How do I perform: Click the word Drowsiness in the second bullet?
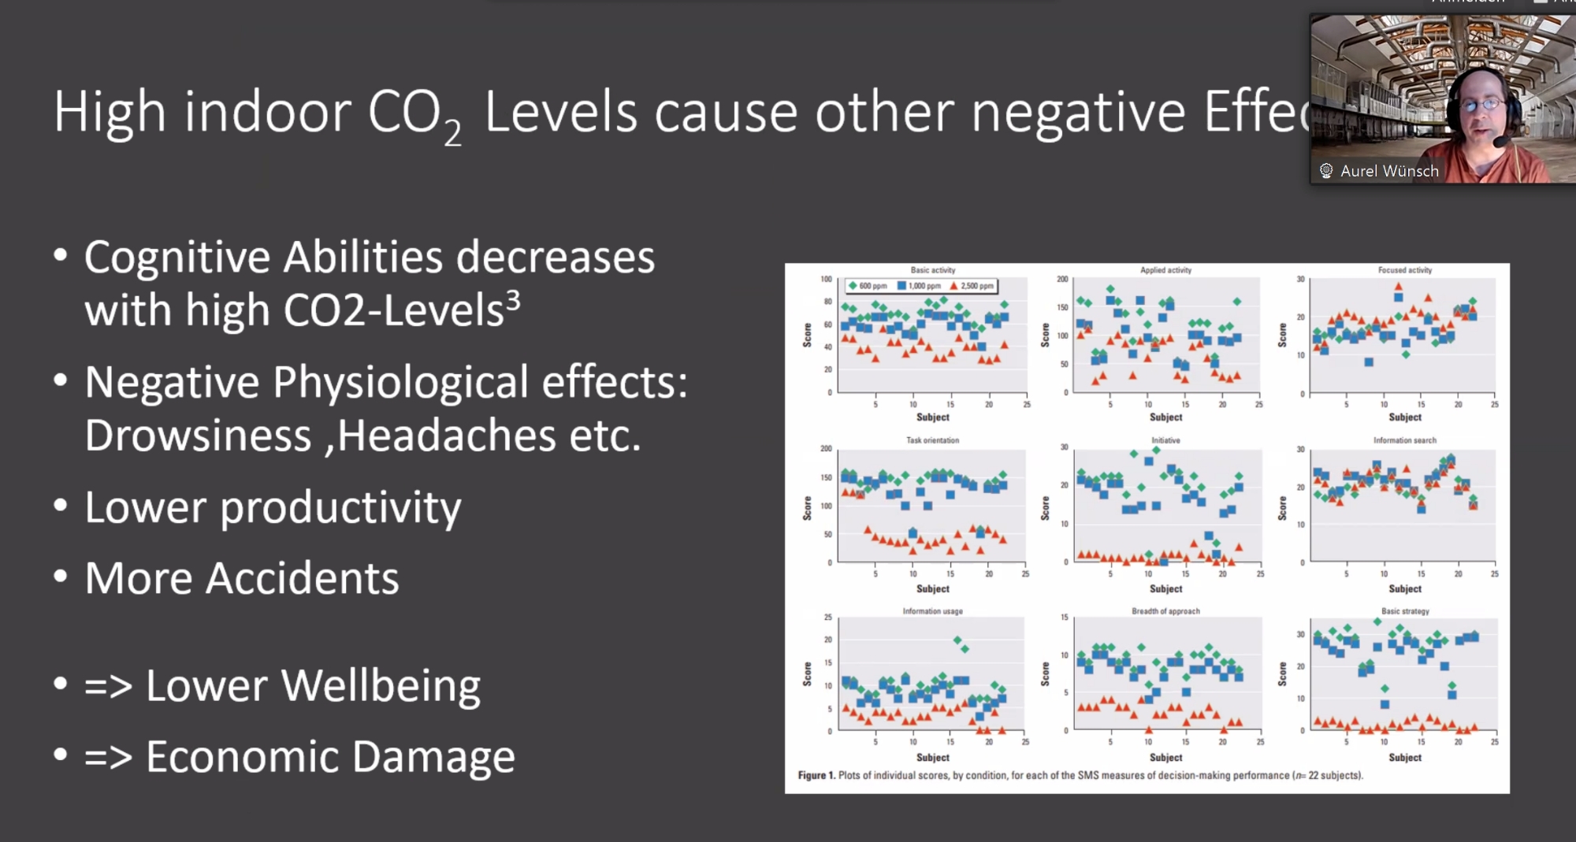(x=198, y=436)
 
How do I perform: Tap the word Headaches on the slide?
(x=446, y=436)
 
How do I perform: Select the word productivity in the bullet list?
(x=340, y=508)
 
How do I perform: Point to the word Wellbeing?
(x=381, y=685)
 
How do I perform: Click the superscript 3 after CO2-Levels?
(x=513, y=300)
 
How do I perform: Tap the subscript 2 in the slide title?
(x=452, y=133)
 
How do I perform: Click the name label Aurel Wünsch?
(x=1389, y=171)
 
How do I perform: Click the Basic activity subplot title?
(x=933, y=270)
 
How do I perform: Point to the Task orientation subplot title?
(x=932, y=440)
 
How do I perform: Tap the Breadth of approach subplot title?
(x=1165, y=611)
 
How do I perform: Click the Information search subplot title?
(x=1405, y=440)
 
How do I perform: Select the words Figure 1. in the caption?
(x=816, y=776)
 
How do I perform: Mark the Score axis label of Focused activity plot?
(x=1282, y=335)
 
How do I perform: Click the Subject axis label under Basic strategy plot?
(x=1405, y=758)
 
